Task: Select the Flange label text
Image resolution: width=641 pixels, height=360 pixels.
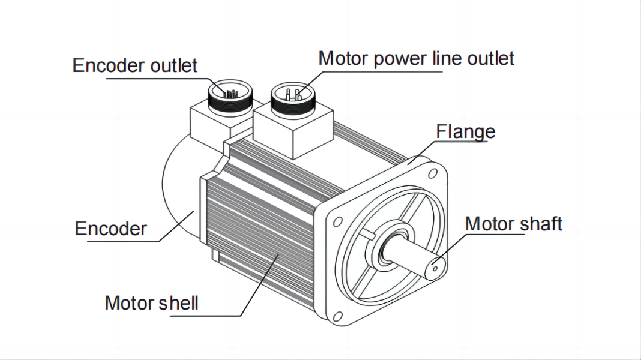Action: pos(466,131)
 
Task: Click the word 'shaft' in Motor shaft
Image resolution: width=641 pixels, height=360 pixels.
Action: pos(538,224)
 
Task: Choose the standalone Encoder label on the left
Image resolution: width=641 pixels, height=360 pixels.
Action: pos(110,229)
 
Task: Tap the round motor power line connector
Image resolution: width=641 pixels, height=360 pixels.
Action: pos(292,98)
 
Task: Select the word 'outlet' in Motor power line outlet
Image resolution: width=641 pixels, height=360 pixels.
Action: pos(490,59)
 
